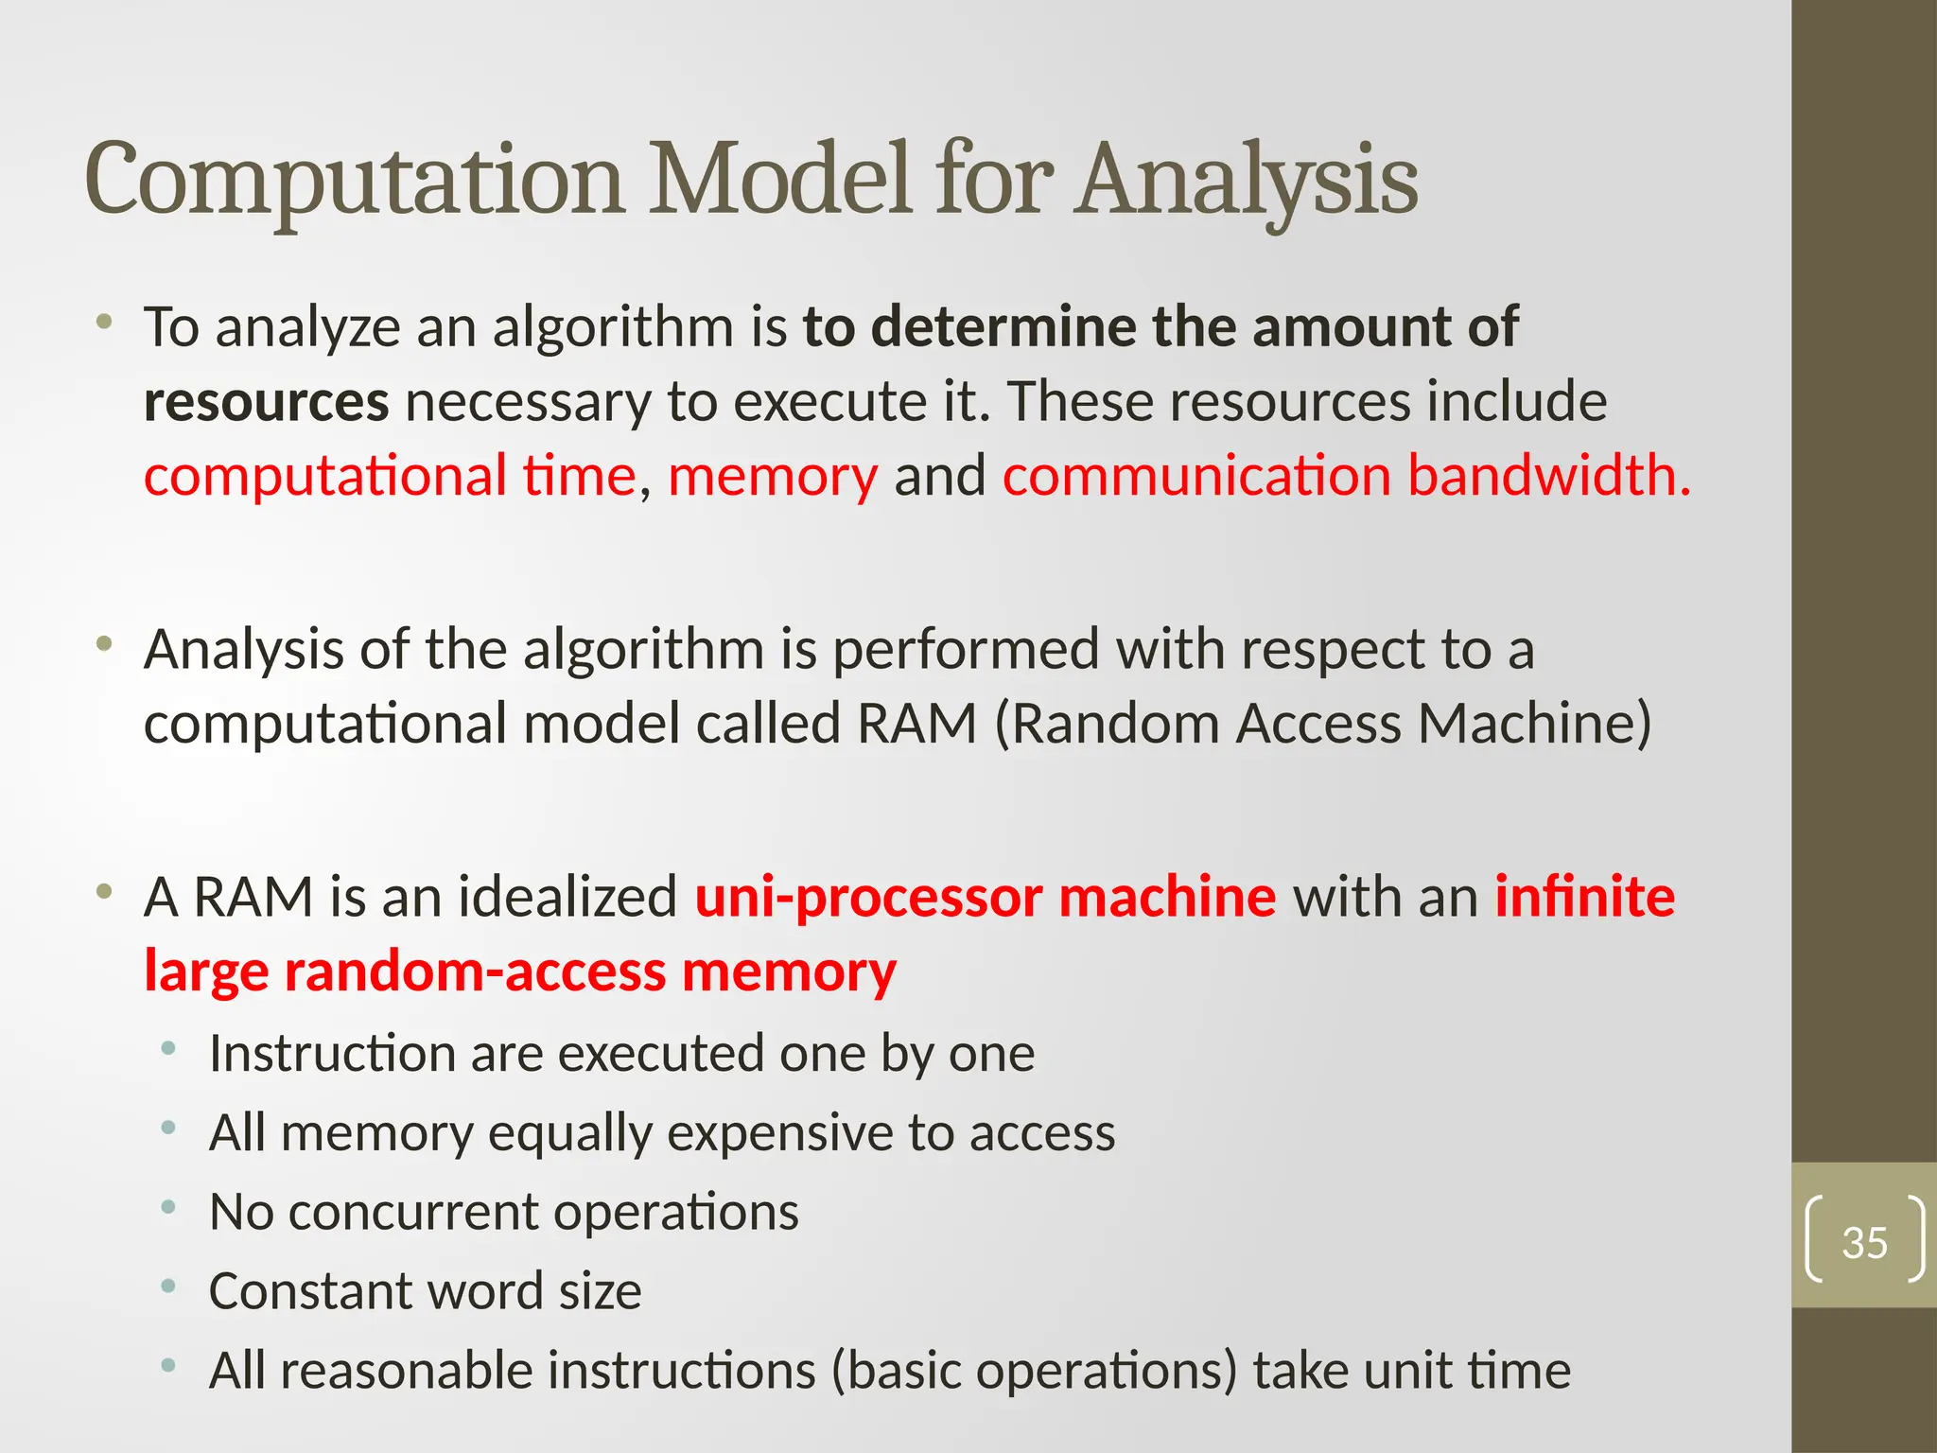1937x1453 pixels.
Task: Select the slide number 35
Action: tap(1864, 1242)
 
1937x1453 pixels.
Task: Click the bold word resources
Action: tap(266, 402)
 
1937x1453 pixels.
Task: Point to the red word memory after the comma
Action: tap(773, 475)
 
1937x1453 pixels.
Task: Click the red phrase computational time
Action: tap(390, 475)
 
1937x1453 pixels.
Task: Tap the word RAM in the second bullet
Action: tap(916, 724)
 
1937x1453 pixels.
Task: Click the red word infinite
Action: tap(1584, 897)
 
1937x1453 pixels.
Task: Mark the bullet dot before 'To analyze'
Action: tap(104, 322)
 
